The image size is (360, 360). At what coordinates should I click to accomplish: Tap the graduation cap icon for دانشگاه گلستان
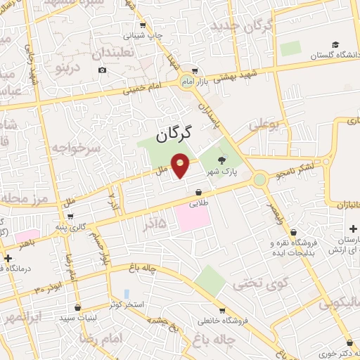pyautogui.click(x=337, y=44)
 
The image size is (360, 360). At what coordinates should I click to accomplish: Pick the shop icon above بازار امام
pyautogui.click(x=194, y=71)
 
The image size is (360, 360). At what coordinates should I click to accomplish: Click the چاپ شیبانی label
pyautogui.click(x=143, y=34)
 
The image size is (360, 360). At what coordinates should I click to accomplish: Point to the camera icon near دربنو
pyautogui.click(x=103, y=70)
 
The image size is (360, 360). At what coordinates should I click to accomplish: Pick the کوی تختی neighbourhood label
pyautogui.click(x=254, y=283)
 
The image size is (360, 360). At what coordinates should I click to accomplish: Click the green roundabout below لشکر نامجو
pyautogui.click(x=261, y=179)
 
